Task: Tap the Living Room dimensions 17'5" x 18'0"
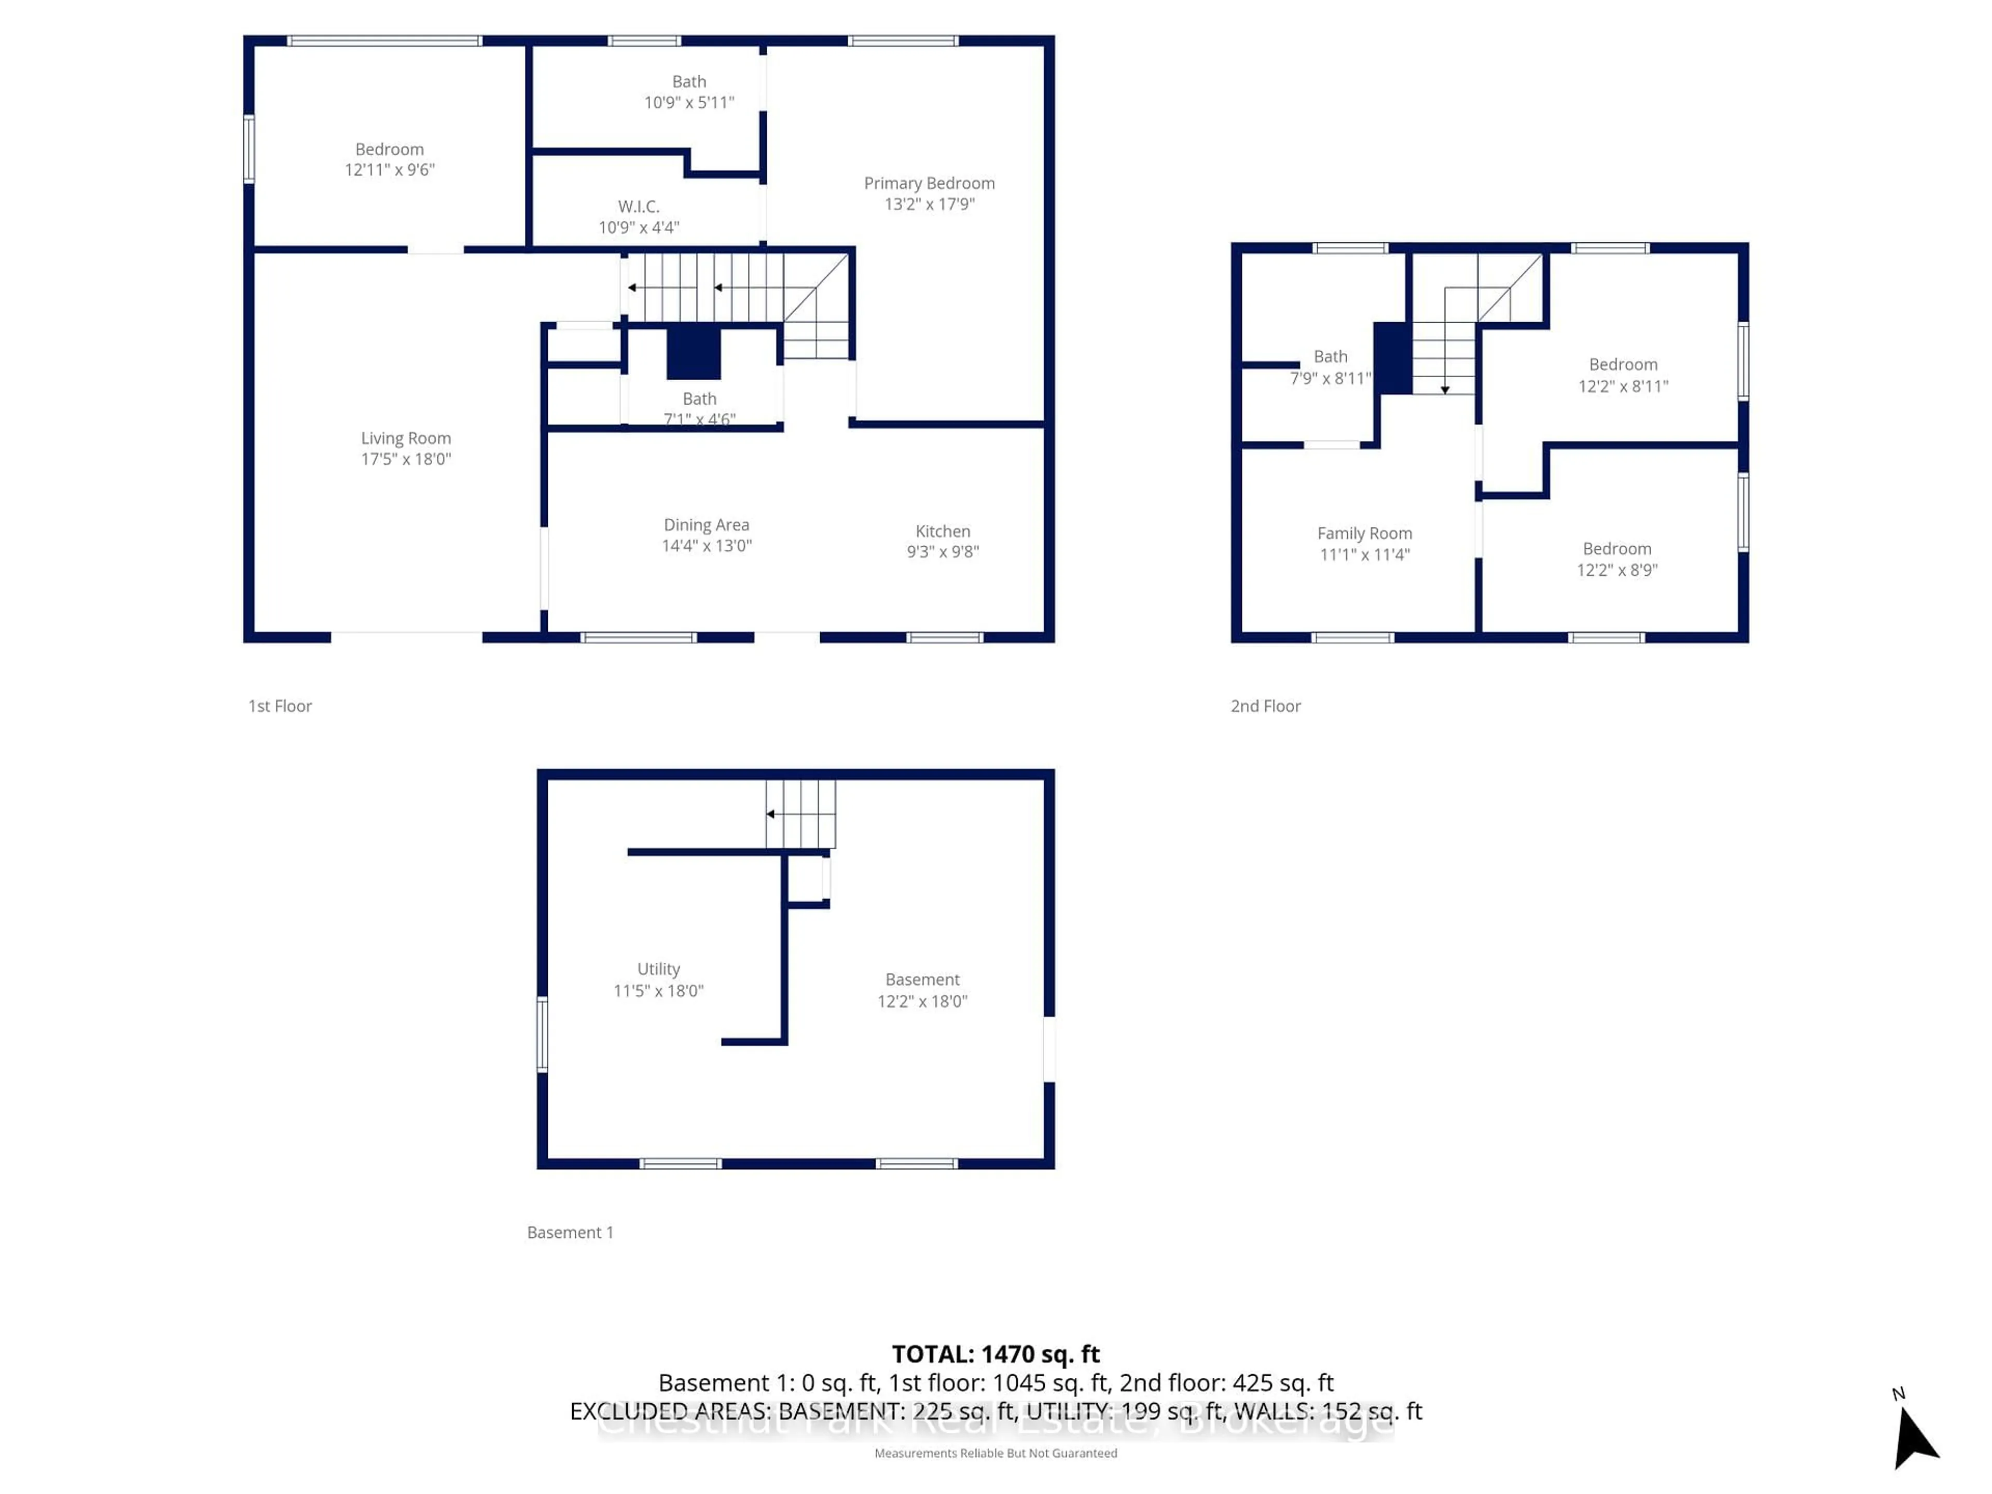[x=406, y=459]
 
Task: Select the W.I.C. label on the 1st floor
[x=639, y=207]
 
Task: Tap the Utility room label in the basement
[x=658, y=969]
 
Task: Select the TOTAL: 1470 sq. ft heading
[x=995, y=1353]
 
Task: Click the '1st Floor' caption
[x=280, y=706]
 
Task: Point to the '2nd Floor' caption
[x=1265, y=706]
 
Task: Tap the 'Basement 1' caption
[x=570, y=1232]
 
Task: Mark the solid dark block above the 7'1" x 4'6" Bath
[x=694, y=353]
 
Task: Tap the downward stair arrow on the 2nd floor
[x=1445, y=389]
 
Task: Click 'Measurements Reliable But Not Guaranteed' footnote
[x=995, y=1453]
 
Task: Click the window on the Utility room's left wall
[x=542, y=1034]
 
